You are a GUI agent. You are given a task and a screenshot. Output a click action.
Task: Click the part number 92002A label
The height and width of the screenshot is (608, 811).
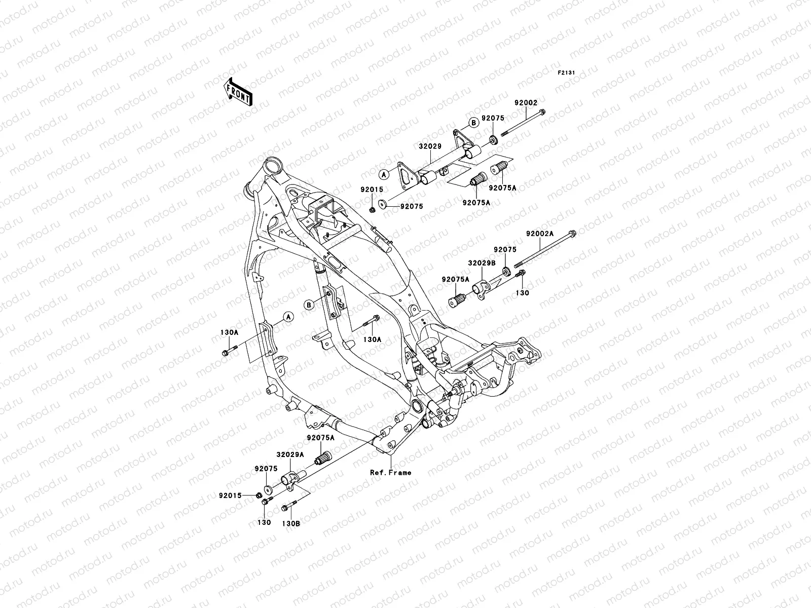[540, 234]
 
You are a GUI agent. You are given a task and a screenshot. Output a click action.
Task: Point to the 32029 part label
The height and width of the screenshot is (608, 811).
[430, 146]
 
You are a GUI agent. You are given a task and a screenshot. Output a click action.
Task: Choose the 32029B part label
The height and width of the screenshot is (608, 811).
[480, 263]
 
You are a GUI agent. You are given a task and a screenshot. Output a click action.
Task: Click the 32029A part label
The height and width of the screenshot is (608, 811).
[290, 455]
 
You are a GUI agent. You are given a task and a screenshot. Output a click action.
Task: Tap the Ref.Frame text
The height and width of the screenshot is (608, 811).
[390, 473]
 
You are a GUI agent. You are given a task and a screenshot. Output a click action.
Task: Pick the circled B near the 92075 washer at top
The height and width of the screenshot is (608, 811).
[472, 122]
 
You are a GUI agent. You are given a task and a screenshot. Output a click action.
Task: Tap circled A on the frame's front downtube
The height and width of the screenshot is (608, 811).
[287, 317]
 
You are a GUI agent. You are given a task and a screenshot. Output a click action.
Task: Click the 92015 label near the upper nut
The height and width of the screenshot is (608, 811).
[372, 189]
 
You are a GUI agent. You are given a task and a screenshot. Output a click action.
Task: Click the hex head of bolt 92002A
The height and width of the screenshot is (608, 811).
[573, 234]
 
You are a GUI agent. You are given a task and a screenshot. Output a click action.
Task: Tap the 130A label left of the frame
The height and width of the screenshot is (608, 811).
[229, 332]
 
